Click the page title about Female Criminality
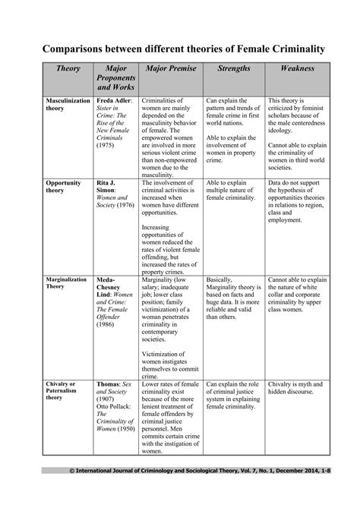[179, 48]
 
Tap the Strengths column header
[234, 68]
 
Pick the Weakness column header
[297, 68]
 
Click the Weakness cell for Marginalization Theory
[297, 292]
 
